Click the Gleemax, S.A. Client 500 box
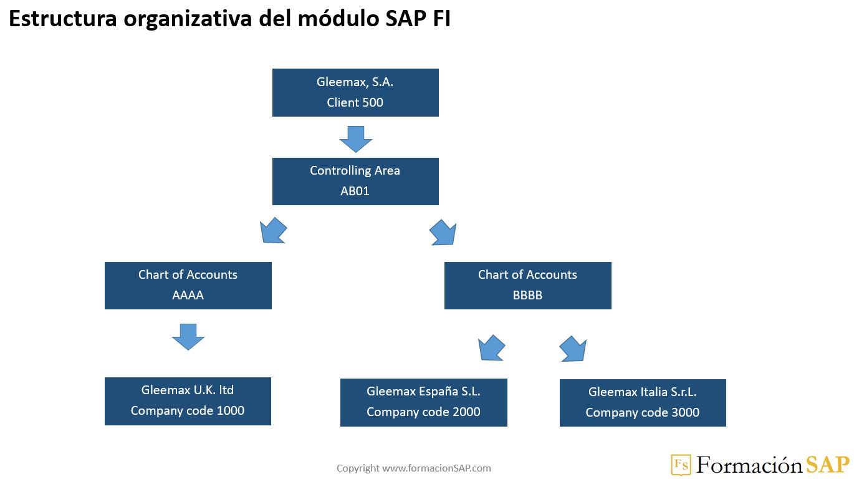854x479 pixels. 355,92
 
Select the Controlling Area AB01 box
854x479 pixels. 355,181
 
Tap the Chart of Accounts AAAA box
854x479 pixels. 188,285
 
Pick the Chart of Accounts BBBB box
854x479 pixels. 527,285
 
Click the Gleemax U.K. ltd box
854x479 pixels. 188,401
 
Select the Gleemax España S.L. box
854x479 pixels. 423,402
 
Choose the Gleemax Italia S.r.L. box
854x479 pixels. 643,402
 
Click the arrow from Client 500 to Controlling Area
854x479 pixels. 356,138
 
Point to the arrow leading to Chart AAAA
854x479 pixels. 273,230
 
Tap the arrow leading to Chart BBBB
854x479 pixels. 443,232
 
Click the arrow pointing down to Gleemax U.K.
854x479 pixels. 188,336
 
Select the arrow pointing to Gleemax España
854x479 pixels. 491,348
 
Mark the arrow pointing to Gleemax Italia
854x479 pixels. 573,349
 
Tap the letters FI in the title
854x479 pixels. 441,19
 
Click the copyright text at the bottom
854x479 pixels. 414,468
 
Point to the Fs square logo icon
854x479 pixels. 681,465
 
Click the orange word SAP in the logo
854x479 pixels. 827,465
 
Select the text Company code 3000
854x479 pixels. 642,412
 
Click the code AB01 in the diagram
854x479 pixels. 355,191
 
